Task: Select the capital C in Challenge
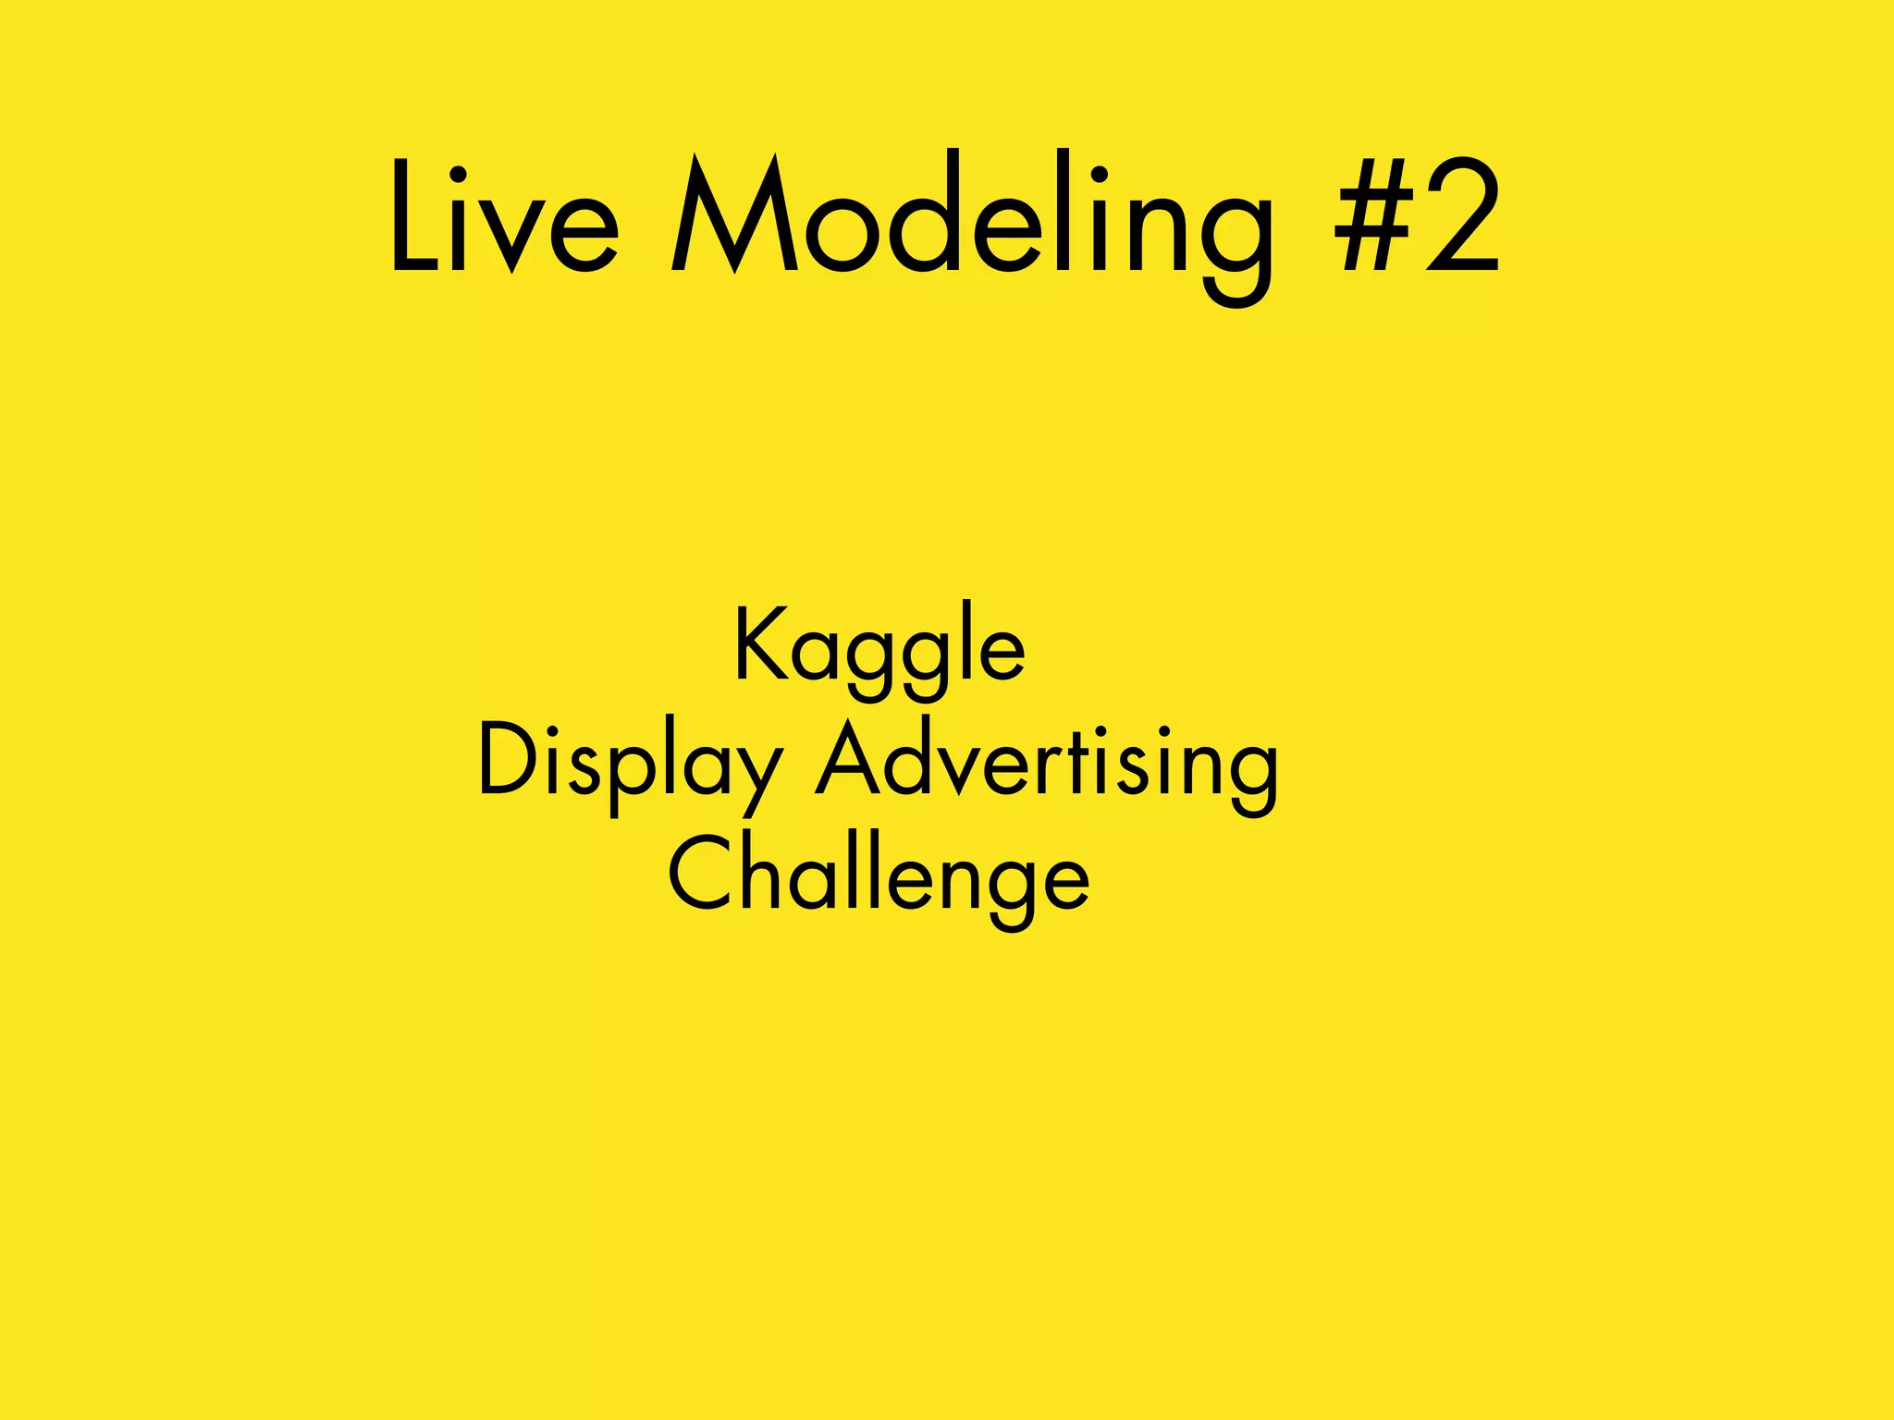700,873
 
